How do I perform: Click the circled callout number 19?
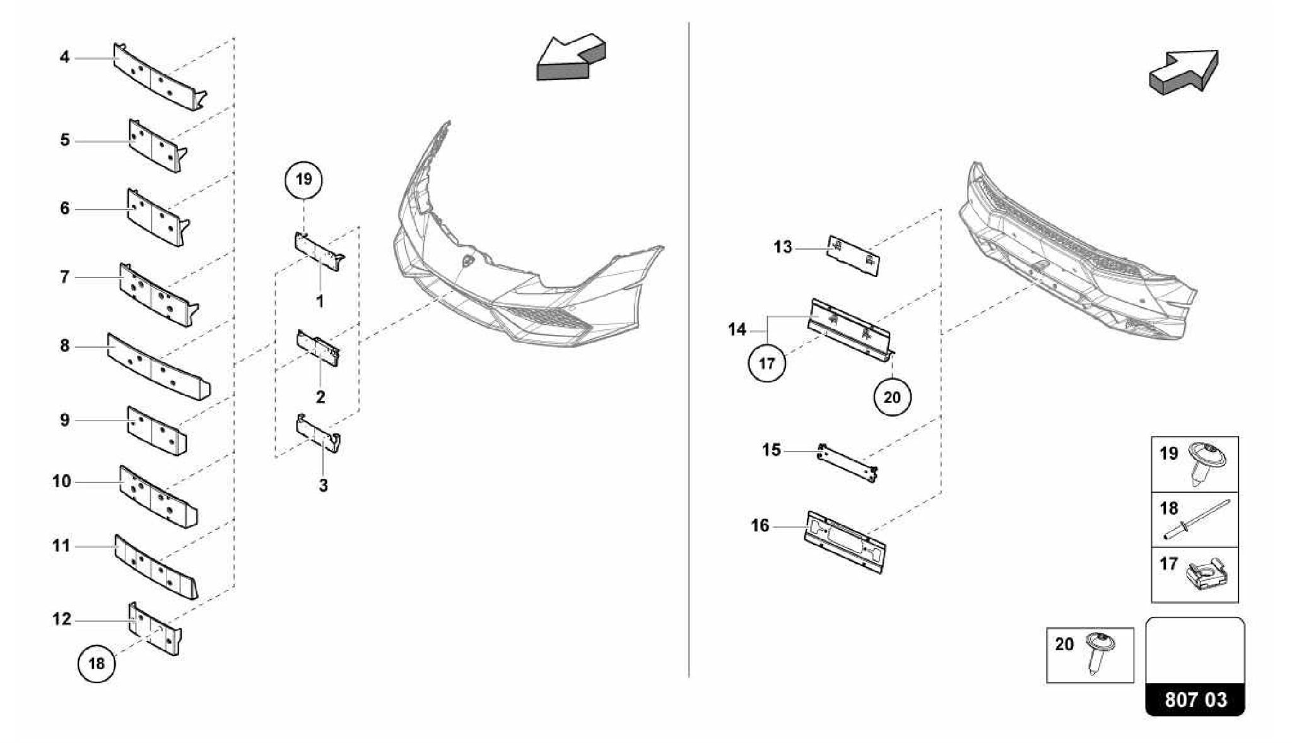303,180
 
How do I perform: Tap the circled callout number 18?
96,664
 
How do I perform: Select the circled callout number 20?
892,397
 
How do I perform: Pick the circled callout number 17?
766,363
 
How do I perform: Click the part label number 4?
64,57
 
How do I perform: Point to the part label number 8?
64,346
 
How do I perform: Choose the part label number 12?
61,619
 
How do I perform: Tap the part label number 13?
782,247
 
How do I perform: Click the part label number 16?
760,525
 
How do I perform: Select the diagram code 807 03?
1195,700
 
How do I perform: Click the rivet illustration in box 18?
1197,520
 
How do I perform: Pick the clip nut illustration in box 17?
1206,576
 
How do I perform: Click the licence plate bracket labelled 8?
158,366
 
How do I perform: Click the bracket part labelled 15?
847,463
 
